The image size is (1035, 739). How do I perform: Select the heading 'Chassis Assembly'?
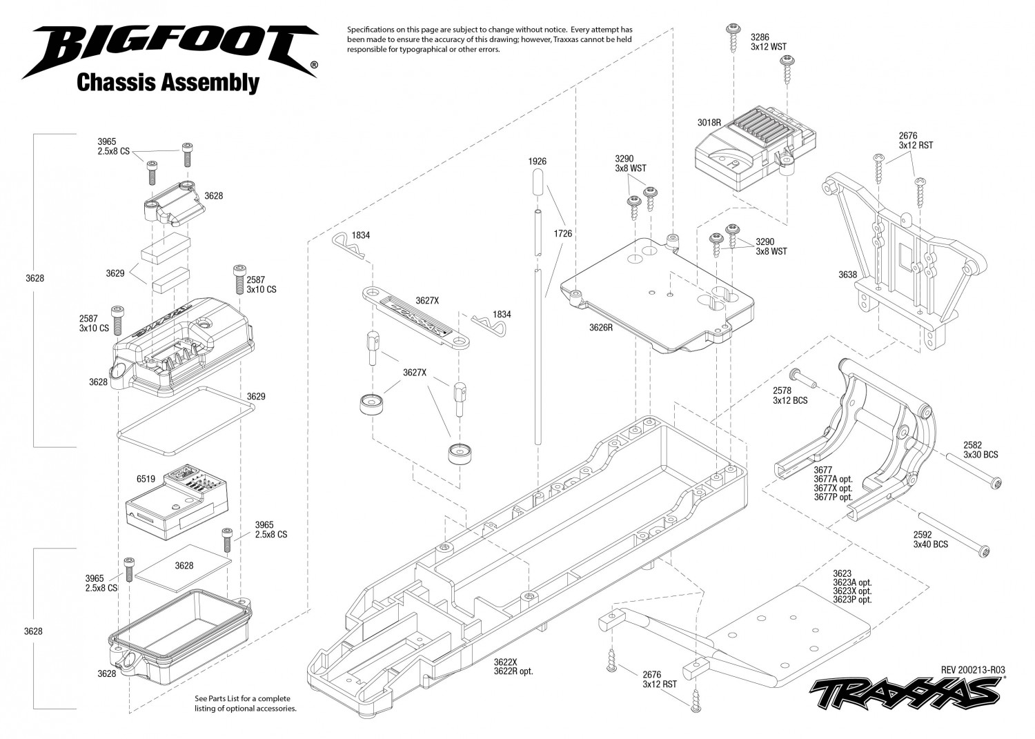tap(168, 83)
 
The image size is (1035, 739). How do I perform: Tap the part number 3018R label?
tap(709, 123)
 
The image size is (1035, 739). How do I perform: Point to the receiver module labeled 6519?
tap(177, 502)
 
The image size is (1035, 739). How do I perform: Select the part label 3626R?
tap(601, 328)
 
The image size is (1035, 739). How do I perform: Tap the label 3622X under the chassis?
tap(506, 661)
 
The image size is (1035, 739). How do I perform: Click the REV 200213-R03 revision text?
tap(973, 670)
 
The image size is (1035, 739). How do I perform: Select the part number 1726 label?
tap(563, 233)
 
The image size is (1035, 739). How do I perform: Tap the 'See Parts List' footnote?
tap(246, 703)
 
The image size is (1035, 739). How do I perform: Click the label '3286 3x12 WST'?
tap(769, 42)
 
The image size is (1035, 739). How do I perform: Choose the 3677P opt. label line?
tap(833, 497)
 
